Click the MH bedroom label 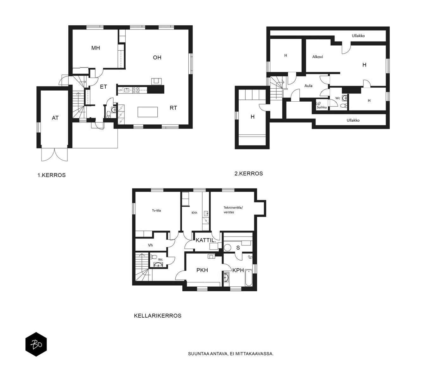[x=96, y=48]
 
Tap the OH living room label [x=157, y=57]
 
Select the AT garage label [x=55, y=118]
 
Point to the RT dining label [x=173, y=108]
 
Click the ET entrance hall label [x=103, y=87]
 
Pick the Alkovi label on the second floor [x=317, y=57]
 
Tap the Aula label [x=308, y=85]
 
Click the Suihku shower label [x=322, y=107]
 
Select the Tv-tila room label [x=156, y=211]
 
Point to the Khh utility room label [x=194, y=213]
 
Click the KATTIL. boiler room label [x=206, y=240]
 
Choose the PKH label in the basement [x=202, y=270]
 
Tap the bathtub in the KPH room [x=249, y=277]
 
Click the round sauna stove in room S [x=227, y=247]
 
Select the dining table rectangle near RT [x=148, y=112]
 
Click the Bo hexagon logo [x=36, y=344]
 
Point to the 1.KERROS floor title [x=51, y=175]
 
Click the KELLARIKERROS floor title [x=158, y=316]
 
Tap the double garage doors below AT [x=54, y=155]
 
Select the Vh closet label [x=150, y=245]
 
